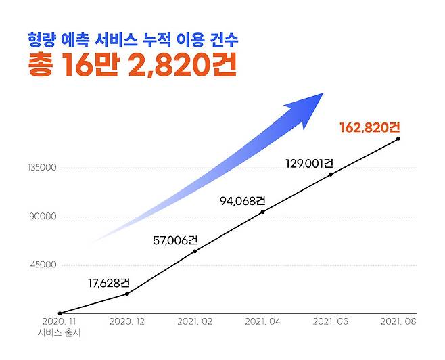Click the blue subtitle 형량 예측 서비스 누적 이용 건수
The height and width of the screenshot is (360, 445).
[x=133, y=40]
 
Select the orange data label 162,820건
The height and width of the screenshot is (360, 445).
[x=370, y=127]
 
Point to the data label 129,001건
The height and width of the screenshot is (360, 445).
[x=309, y=163]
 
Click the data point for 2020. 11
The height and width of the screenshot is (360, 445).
[x=60, y=313]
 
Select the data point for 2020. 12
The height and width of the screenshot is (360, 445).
[x=127, y=294]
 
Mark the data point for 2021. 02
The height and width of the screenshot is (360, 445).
[x=195, y=251]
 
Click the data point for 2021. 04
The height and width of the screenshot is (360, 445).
[x=262, y=212]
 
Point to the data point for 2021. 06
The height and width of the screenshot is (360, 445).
[x=330, y=175]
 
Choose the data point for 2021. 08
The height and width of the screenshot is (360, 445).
[x=398, y=139]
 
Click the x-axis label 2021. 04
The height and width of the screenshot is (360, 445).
[x=262, y=322]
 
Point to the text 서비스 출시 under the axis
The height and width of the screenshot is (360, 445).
[x=60, y=332]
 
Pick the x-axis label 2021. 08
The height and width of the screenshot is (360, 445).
[x=398, y=322]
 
